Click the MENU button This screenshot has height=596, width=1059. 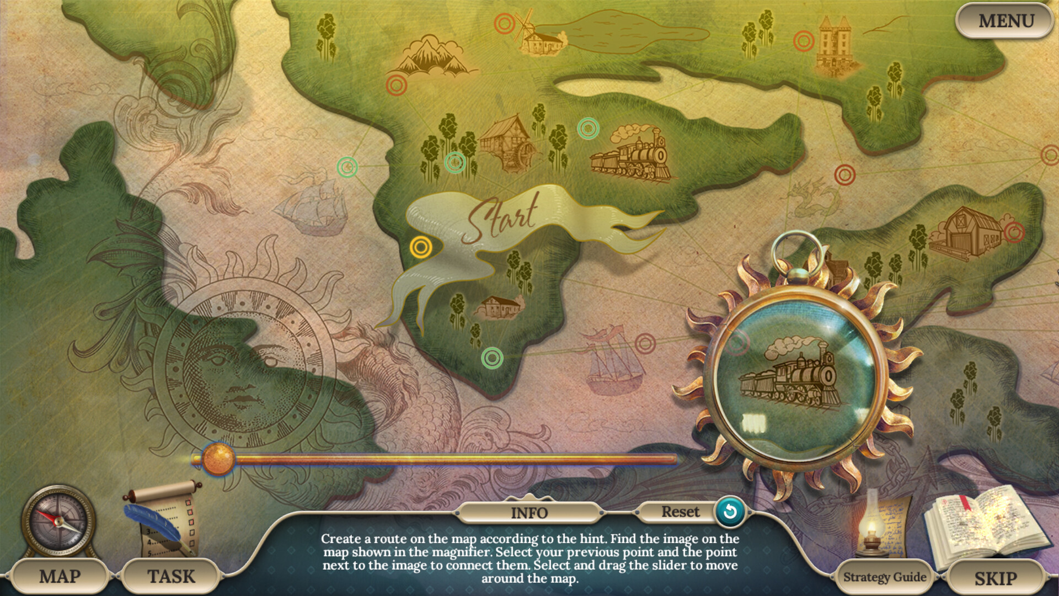pyautogui.click(x=1005, y=21)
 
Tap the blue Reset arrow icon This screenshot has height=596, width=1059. pyautogui.click(x=730, y=512)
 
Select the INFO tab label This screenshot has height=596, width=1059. pyautogui.click(x=529, y=513)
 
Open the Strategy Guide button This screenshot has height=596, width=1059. pyautogui.click(x=884, y=577)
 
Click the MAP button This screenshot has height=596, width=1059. pyautogui.click(x=60, y=577)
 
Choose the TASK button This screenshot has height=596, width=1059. pyautogui.click(x=171, y=577)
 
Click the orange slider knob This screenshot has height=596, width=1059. pyautogui.click(x=218, y=459)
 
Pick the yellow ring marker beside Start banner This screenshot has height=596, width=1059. pyautogui.click(x=421, y=247)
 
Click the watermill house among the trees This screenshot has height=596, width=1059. pyautogui.click(x=506, y=141)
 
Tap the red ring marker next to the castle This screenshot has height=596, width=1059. pyautogui.click(x=804, y=41)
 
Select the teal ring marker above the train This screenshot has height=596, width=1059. pyautogui.click(x=588, y=129)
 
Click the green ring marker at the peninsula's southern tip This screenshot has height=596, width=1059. pyautogui.click(x=492, y=358)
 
